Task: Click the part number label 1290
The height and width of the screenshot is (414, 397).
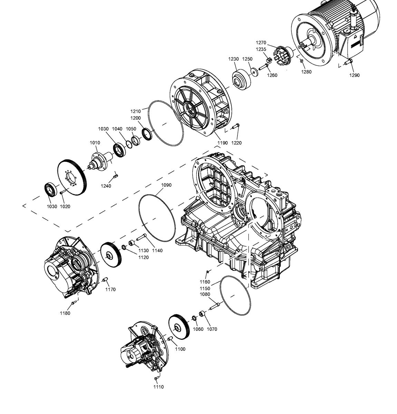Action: point(354,75)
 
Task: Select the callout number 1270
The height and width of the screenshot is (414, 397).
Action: point(261,42)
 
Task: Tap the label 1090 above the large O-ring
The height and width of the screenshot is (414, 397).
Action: point(166,185)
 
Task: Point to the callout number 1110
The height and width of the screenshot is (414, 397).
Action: point(158,387)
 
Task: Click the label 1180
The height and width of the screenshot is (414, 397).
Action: point(65,313)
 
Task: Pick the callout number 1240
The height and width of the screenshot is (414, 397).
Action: point(106,186)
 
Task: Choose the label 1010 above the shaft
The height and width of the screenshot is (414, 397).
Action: point(95,142)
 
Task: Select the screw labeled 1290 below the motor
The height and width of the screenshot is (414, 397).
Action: point(348,62)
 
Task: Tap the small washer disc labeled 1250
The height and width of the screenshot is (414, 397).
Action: point(254,71)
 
